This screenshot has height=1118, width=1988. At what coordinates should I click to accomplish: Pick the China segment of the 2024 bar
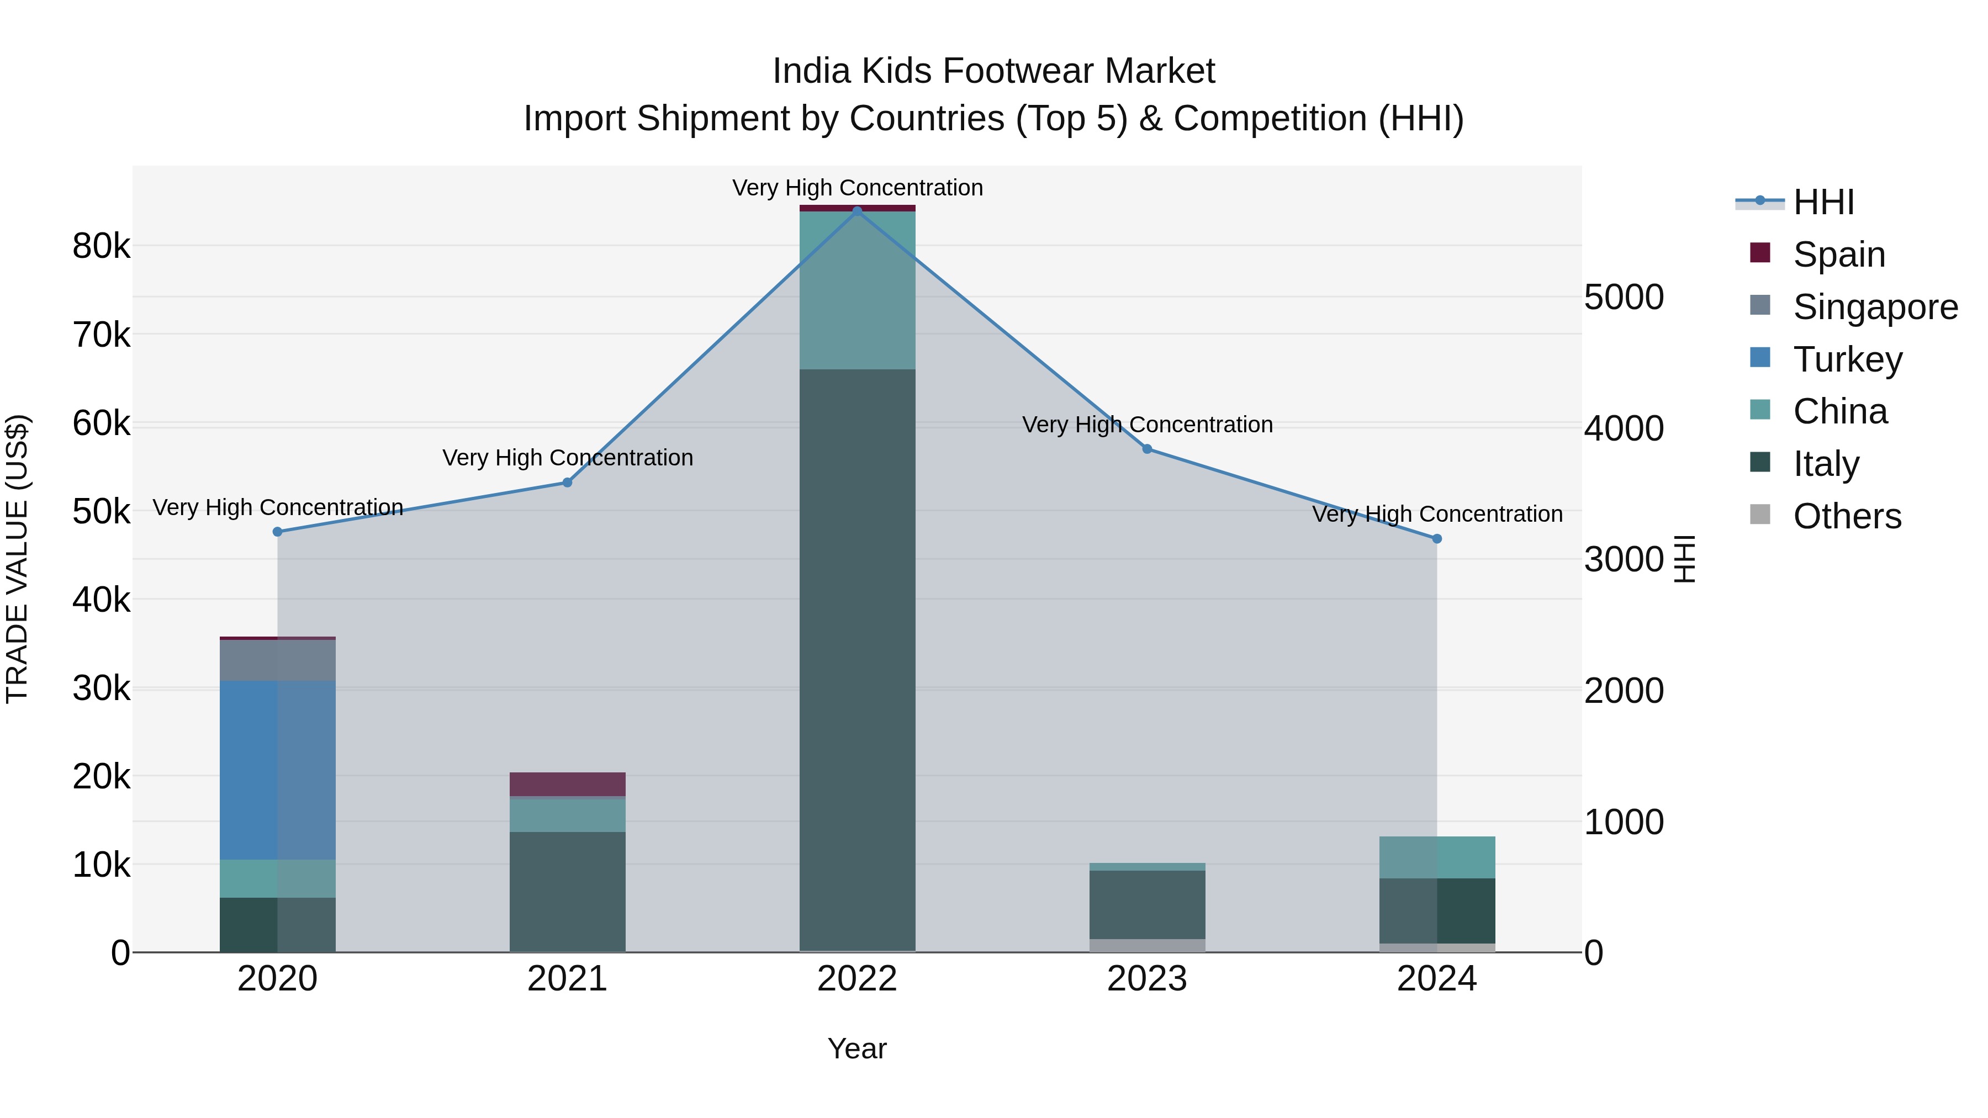tap(1437, 857)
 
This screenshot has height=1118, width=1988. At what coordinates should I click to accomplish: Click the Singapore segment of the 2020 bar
tap(277, 660)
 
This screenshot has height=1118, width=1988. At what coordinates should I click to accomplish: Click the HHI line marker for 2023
tap(1147, 449)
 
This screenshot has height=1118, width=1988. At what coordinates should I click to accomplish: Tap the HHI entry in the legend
tap(1823, 202)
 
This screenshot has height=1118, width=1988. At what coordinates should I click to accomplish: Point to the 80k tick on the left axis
tap(101, 247)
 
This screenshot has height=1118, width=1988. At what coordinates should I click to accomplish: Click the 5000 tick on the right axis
tap(1624, 297)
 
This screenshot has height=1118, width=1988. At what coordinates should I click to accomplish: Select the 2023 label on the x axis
tap(1147, 979)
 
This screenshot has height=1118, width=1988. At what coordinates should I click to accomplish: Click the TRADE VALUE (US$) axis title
tap(17, 559)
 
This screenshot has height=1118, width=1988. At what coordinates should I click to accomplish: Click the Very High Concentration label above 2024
tap(1437, 514)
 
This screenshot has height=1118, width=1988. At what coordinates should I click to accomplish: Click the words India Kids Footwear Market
tap(993, 71)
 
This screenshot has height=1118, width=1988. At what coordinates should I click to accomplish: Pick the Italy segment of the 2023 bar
tap(1147, 904)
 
